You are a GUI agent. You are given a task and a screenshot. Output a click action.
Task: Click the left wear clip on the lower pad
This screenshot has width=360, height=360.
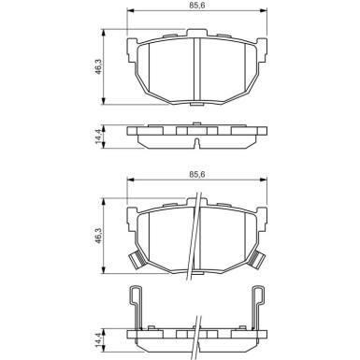point(133,263)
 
